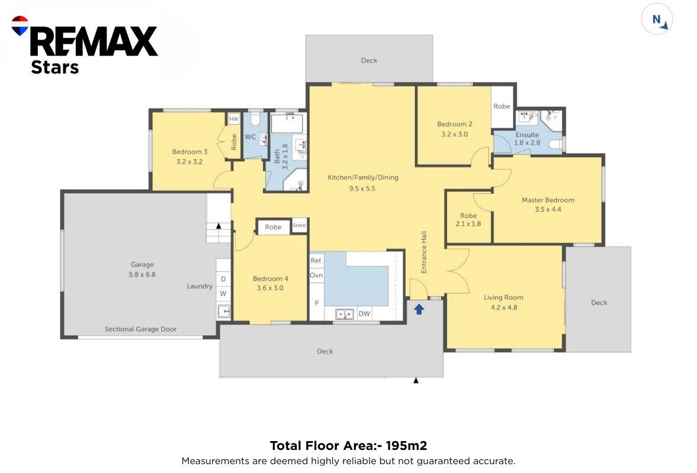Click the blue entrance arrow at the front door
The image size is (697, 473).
click(419, 309)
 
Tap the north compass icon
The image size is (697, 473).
click(657, 19)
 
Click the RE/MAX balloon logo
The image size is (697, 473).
click(20, 25)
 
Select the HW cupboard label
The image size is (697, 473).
click(234, 119)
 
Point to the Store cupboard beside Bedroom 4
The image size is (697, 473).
click(299, 225)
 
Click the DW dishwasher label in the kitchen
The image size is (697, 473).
click(364, 313)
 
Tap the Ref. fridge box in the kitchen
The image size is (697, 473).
click(316, 261)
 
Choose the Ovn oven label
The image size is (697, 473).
click(316, 275)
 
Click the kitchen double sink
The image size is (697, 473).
click(344, 314)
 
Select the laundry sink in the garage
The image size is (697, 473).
click(223, 311)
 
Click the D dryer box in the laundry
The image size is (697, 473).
click(223, 278)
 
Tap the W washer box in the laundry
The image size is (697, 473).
click(223, 293)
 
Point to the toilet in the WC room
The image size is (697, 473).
click(255, 119)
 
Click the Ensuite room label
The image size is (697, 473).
click(527, 135)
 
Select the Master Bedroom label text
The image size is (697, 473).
click(548, 200)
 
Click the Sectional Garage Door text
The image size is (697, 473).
click(141, 329)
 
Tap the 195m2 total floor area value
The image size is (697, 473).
click(406, 445)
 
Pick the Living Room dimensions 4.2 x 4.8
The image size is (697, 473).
click(504, 307)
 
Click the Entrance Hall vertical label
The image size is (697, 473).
click(424, 252)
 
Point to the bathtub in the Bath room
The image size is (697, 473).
click(287, 124)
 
